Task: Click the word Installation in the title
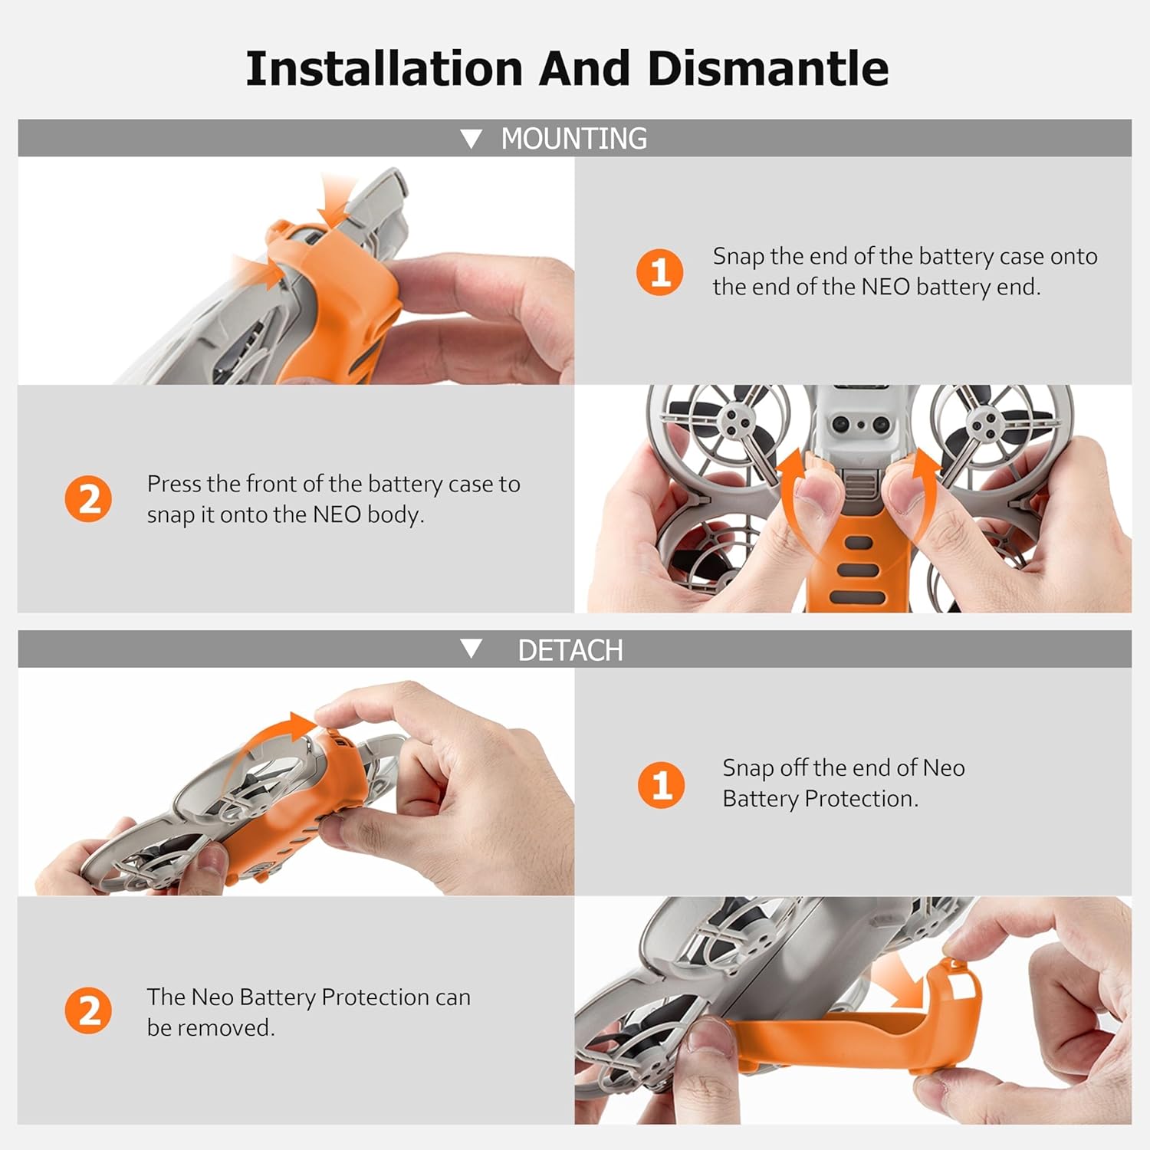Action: coord(384,68)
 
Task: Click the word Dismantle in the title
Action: coord(768,68)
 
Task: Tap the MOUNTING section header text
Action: coord(573,139)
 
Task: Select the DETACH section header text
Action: coord(570,650)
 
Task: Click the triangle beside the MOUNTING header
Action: coord(471,139)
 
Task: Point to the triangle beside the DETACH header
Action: coord(471,649)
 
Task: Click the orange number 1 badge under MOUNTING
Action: coord(659,271)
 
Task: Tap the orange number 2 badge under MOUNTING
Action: coord(88,499)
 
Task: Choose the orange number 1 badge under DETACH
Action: coord(661,784)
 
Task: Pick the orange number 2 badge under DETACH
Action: coord(88,1010)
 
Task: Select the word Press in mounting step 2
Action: coord(173,484)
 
